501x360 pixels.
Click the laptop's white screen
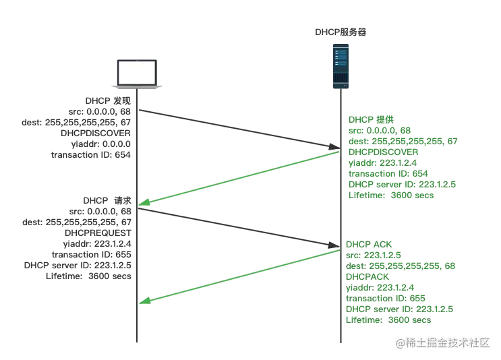click(137, 73)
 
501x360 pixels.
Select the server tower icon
click(340, 67)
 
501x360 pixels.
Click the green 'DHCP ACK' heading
click(368, 243)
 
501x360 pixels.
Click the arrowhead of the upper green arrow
click(143, 204)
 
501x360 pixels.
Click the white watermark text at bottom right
click(442, 342)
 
